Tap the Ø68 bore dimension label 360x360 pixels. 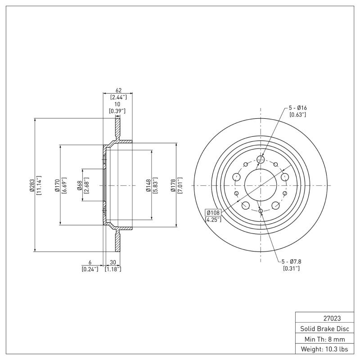click(x=79, y=185)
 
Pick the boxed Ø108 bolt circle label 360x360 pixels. click(x=212, y=212)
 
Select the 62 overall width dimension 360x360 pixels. click(x=119, y=90)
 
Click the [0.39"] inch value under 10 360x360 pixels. click(x=117, y=111)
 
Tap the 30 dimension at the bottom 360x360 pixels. click(x=112, y=262)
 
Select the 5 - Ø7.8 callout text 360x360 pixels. click(x=291, y=261)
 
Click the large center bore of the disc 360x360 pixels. click(x=261, y=185)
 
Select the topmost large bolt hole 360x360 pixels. click(x=261, y=159)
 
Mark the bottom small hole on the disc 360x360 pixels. click(x=261, y=211)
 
